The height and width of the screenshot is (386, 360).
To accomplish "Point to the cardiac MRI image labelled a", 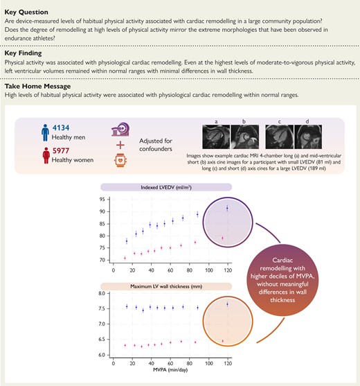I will [215, 136].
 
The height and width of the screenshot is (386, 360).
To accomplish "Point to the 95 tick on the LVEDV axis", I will [102, 200].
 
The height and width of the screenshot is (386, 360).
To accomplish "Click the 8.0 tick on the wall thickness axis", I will [102, 294].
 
